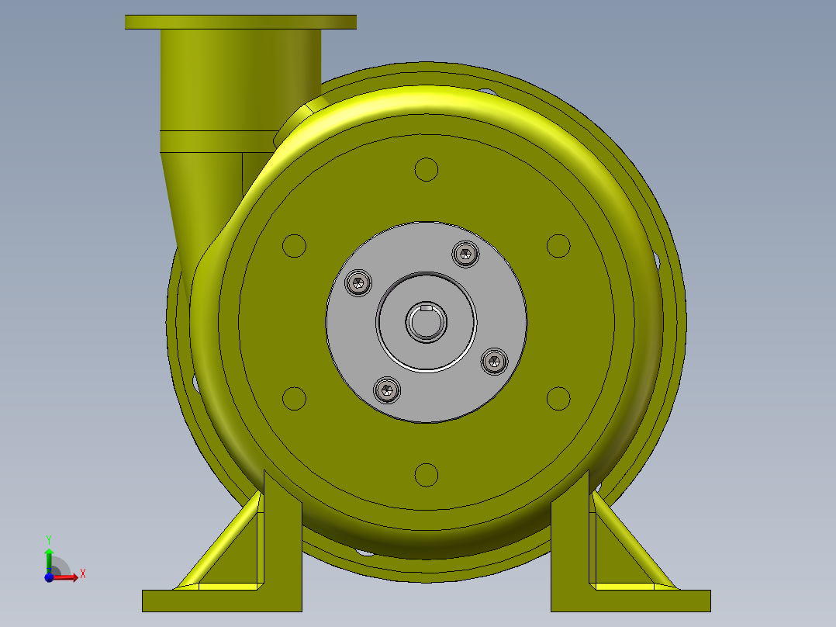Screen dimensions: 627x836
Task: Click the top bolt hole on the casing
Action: point(427,169)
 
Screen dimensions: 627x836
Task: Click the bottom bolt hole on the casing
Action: point(427,474)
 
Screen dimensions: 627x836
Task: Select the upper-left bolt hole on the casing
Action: point(294,246)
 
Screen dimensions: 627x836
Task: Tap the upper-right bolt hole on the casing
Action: point(558,246)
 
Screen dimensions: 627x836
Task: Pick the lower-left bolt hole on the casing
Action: point(294,398)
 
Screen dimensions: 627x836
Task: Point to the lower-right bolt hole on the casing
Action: point(558,398)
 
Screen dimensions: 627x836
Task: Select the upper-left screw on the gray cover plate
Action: point(358,283)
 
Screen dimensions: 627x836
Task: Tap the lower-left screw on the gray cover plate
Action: point(388,390)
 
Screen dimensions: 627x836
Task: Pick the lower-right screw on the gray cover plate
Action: point(494,361)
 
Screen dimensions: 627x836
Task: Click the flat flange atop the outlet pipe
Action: point(240,22)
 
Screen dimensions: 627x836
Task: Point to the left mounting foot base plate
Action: point(221,601)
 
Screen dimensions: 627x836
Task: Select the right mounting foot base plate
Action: point(630,601)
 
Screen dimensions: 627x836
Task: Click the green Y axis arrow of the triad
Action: point(48,556)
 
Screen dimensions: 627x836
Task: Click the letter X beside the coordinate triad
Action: point(82,573)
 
